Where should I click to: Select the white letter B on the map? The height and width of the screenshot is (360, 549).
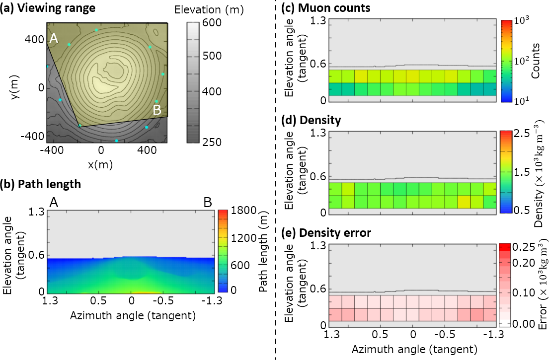[157, 110]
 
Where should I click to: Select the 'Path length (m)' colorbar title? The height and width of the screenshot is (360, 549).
[264, 251]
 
